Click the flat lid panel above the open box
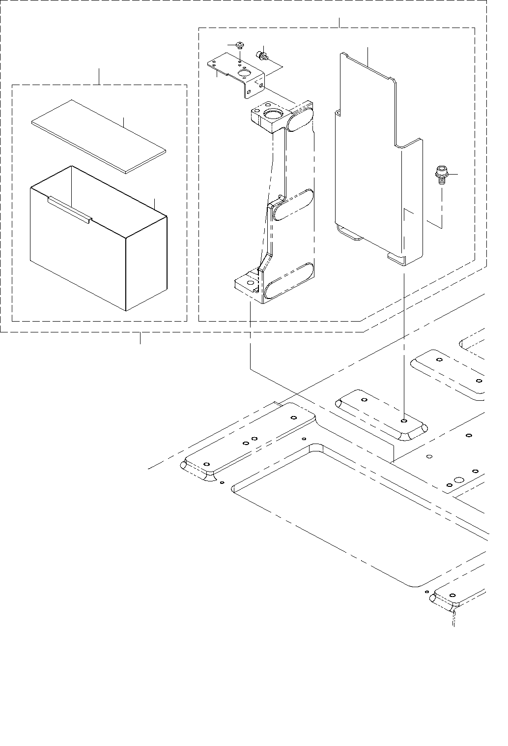coord(98,136)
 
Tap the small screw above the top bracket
coord(239,46)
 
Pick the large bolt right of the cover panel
coord(440,176)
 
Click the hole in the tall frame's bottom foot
coord(250,284)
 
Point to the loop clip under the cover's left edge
coord(349,233)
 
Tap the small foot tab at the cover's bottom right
coord(395,258)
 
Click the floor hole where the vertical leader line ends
coord(403,421)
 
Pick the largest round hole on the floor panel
coord(458,480)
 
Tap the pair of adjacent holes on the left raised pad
coord(250,440)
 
